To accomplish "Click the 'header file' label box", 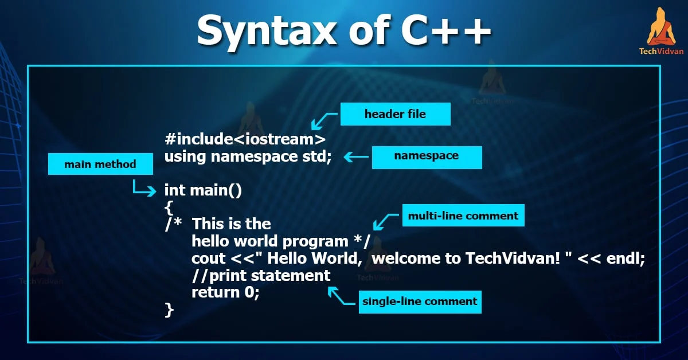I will (395, 114).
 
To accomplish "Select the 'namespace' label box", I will (427, 156).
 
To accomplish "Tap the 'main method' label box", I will (100, 165).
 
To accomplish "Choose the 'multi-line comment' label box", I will (463, 216).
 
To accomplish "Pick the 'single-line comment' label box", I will (419, 301).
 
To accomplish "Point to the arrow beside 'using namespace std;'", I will (355, 156).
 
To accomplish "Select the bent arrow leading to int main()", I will (143, 188).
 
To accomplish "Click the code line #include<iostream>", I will (245, 139).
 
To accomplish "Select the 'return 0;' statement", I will (225, 293).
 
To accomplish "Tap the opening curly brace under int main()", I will (168, 208).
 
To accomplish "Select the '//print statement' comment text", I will (261, 276).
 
